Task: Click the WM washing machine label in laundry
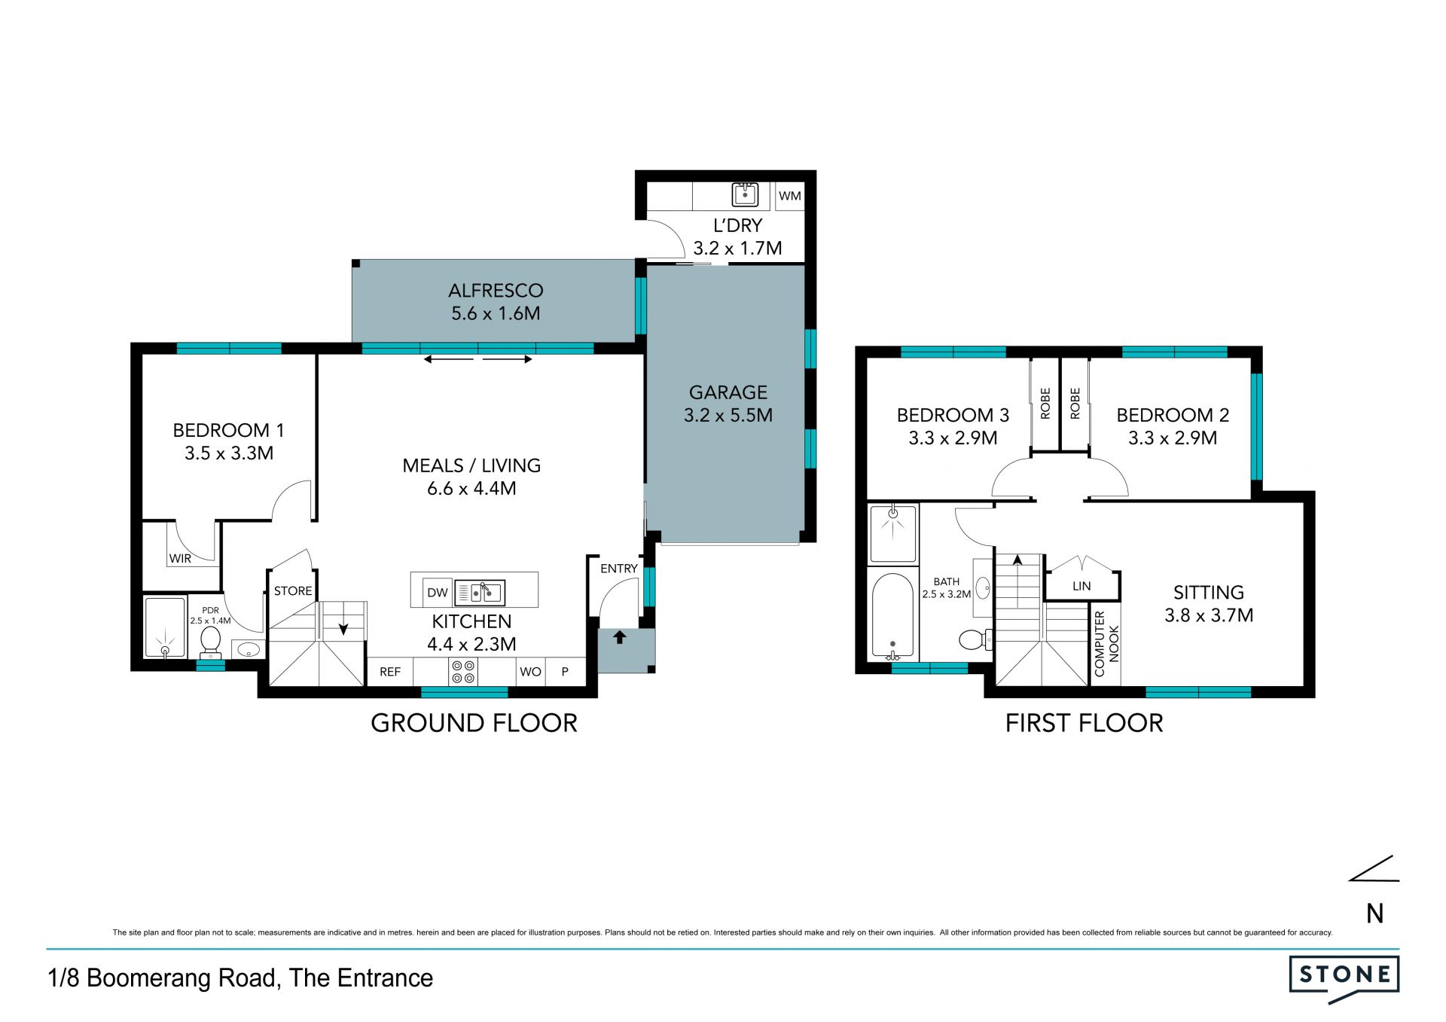coord(789,196)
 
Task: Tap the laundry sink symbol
coord(745,194)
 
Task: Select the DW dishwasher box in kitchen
coord(437,592)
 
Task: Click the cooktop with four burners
coord(463,672)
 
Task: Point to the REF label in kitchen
coord(390,672)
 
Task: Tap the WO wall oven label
coord(530,672)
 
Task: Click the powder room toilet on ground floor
coord(210,642)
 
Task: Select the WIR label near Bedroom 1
coord(180,558)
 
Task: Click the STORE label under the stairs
coord(293,591)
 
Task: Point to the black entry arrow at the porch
coord(620,637)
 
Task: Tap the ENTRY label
coord(619,569)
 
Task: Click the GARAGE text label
coord(728,392)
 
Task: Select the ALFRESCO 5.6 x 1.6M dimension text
coord(496,313)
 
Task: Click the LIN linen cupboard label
coord(1081,586)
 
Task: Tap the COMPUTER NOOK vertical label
coord(1106,644)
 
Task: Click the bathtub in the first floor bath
coord(892,616)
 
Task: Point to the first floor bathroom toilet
coord(976,640)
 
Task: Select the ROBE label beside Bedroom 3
coord(1045,404)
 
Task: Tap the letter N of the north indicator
coord(1375,914)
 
